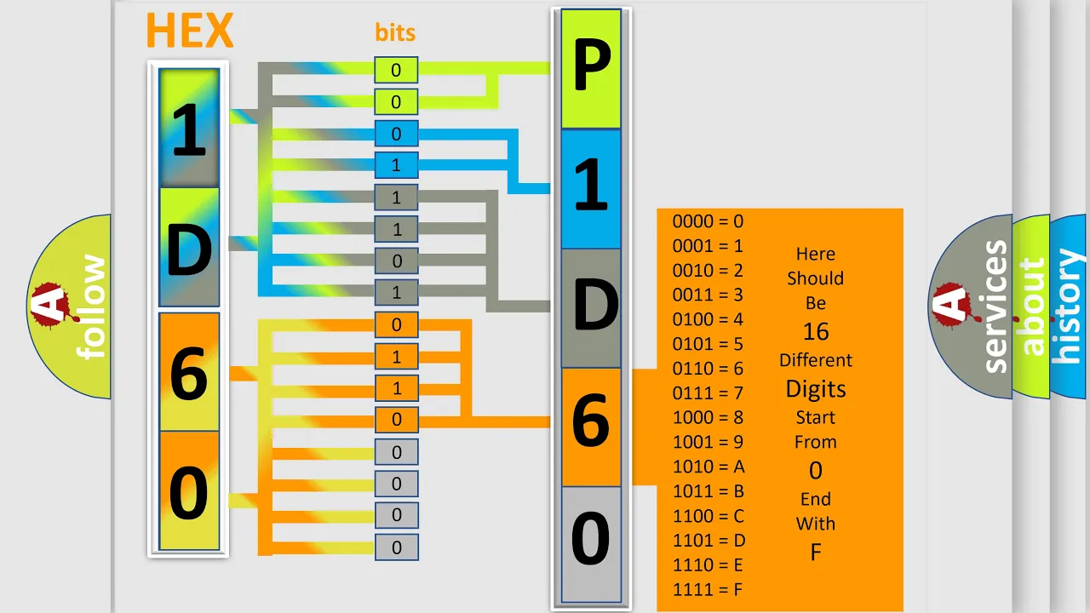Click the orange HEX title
click(x=190, y=30)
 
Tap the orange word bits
click(x=395, y=32)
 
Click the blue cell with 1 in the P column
click(x=591, y=189)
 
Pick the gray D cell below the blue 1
click(x=591, y=308)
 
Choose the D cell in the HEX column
click(x=189, y=247)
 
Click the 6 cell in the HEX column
click(x=189, y=372)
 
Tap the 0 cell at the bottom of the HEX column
click(x=189, y=490)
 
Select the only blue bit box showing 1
click(x=396, y=165)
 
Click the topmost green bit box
click(x=396, y=70)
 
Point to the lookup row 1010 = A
click(x=708, y=467)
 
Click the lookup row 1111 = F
click(x=708, y=590)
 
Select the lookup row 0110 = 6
click(x=708, y=369)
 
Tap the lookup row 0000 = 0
click(x=708, y=221)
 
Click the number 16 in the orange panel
click(x=816, y=332)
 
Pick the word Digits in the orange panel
click(x=816, y=389)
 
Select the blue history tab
click(x=1070, y=306)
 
